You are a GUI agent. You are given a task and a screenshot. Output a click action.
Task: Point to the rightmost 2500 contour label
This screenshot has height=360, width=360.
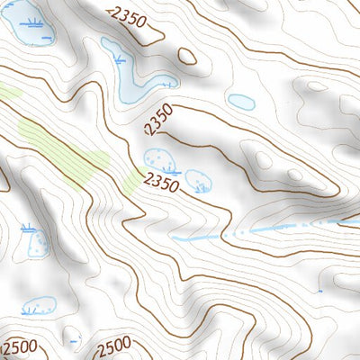113,345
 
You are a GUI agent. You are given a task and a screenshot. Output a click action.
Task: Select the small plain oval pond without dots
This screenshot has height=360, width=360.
241,102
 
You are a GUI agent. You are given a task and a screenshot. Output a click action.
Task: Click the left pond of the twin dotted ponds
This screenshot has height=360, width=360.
160,160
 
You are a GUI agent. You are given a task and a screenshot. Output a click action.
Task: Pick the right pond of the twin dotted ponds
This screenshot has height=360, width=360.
198,180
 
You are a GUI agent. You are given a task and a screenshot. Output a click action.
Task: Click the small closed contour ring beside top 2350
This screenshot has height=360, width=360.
187,56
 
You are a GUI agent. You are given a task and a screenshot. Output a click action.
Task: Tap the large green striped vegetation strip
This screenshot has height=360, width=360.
63,148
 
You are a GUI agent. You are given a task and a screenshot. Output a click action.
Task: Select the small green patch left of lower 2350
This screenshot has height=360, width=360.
131,184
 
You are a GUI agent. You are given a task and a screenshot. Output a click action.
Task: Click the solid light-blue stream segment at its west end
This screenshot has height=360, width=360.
180,238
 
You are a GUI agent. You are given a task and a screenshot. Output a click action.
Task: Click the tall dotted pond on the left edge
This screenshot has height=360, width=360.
38,243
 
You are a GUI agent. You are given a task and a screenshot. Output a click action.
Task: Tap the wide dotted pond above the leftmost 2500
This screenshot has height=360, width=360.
38,306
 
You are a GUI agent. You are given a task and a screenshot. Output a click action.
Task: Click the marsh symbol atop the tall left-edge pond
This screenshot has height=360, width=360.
29,225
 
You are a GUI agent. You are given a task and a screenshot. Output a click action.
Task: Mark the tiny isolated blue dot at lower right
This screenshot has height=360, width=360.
319,291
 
